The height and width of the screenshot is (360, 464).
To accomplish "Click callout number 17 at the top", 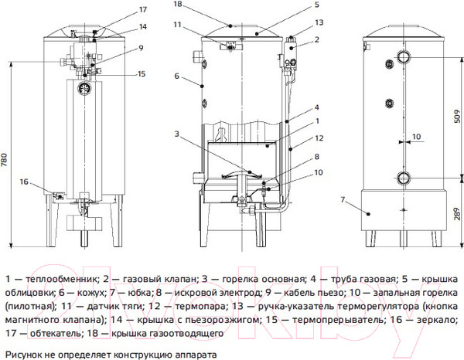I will (x=121, y=9).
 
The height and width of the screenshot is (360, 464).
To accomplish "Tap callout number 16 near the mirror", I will (x=25, y=182).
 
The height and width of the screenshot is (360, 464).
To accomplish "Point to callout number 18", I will (x=177, y=5).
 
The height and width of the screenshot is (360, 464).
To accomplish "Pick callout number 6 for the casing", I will (x=177, y=76).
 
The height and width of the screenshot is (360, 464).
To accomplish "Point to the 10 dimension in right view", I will (x=415, y=136).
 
